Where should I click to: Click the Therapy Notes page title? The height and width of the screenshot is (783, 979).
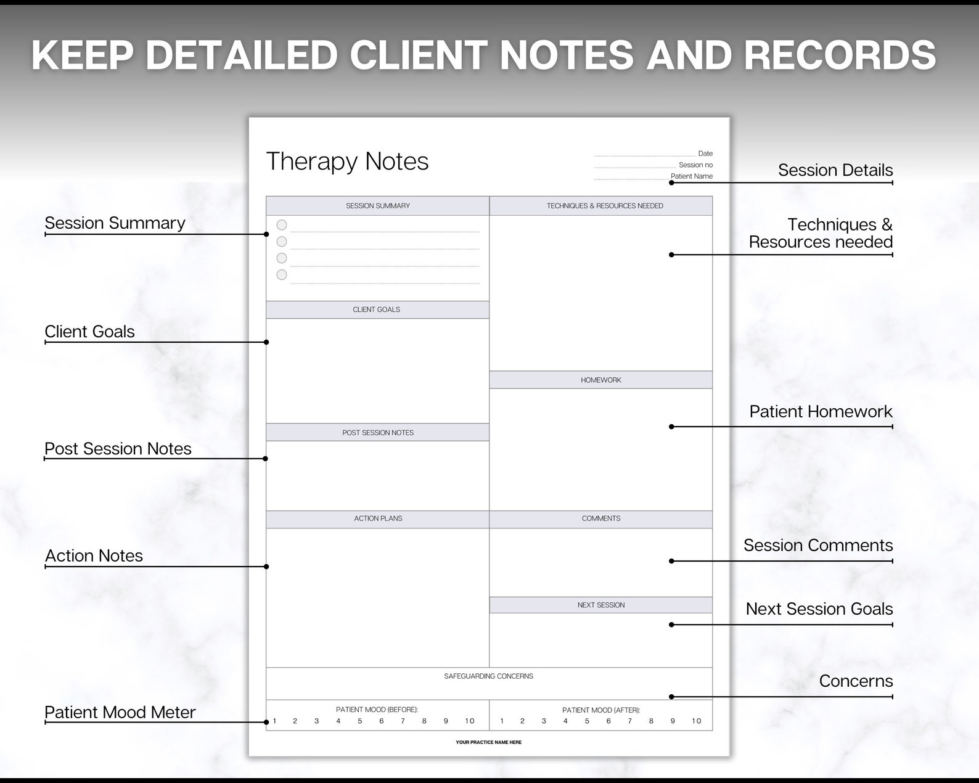(x=347, y=162)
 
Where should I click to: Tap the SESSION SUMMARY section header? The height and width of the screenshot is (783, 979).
(x=377, y=206)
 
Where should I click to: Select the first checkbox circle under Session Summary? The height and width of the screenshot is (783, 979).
(x=282, y=225)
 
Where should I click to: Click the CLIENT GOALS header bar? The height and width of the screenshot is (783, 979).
(x=377, y=310)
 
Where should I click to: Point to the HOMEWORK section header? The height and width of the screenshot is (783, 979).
(x=601, y=380)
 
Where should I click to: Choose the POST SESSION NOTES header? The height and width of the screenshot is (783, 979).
(x=378, y=433)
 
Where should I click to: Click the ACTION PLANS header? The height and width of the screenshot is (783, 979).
(x=378, y=519)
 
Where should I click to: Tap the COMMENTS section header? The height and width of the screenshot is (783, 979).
(x=601, y=519)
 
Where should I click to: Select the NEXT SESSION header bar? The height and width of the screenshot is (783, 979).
(x=601, y=605)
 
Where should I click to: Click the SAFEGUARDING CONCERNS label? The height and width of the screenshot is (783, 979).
(x=488, y=676)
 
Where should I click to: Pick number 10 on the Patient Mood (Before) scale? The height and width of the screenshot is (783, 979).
(x=470, y=721)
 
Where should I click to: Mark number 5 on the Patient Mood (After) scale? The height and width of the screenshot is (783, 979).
(x=587, y=721)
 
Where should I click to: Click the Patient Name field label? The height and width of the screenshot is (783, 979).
(x=691, y=176)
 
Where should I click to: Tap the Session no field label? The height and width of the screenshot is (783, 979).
(x=695, y=165)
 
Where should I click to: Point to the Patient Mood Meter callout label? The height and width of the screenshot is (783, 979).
(x=120, y=712)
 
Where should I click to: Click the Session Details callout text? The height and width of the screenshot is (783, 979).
(x=835, y=170)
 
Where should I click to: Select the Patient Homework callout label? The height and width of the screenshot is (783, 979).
(x=821, y=411)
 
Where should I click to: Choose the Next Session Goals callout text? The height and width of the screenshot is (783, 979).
(x=819, y=609)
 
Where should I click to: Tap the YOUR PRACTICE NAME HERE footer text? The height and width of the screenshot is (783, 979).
(x=488, y=742)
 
